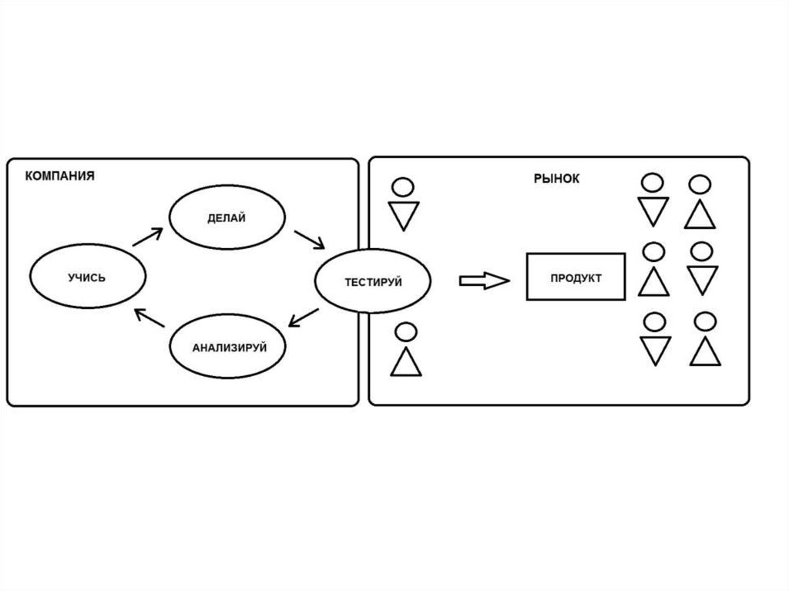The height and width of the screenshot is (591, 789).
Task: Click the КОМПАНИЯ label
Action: point(60,176)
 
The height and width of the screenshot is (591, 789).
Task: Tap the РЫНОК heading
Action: point(556,179)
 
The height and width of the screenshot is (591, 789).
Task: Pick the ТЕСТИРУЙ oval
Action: point(373,282)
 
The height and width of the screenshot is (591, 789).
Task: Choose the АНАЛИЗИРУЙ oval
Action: point(229,348)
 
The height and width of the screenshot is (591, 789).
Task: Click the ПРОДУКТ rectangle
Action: point(576,277)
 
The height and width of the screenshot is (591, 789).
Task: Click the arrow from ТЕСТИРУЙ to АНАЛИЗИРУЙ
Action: point(306,319)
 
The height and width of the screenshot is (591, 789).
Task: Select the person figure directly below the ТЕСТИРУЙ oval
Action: point(406,350)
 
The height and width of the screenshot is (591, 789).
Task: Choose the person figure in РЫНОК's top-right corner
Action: point(700,202)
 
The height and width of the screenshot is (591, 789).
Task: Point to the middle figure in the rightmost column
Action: point(702,269)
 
